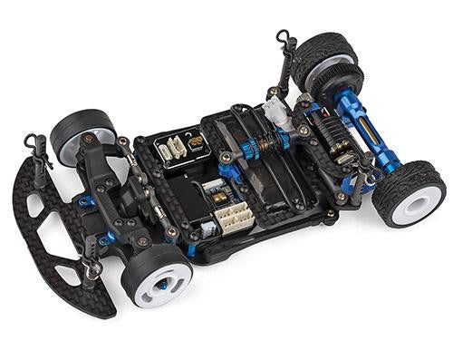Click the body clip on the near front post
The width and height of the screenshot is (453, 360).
pos(91,265)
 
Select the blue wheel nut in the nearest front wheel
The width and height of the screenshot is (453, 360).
pos(161,285)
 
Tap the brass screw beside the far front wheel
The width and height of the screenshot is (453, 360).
pos(88,139)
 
